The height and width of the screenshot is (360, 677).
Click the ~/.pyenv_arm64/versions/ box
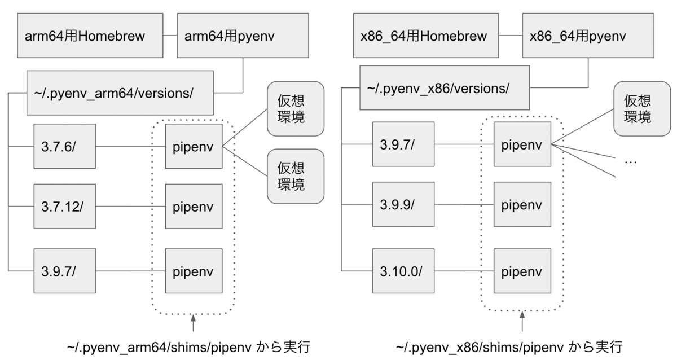pyautogui.click(x=120, y=92)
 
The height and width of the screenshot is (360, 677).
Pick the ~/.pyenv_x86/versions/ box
pyautogui.click(x=445, y=89)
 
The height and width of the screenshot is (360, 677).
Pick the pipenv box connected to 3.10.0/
pyautogui.click(x=522, y=270)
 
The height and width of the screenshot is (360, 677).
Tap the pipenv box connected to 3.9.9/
pyautogui.click(x=522, y=204)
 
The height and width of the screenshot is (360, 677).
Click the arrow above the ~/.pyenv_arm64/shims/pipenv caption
pyautogui.click(x=193, y=325)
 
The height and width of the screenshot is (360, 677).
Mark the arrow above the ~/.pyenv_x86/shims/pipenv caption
pyautogui.click(x=522, y=322)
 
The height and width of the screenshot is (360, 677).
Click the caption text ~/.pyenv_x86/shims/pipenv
pyautogui.click(x=485, y=346)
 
